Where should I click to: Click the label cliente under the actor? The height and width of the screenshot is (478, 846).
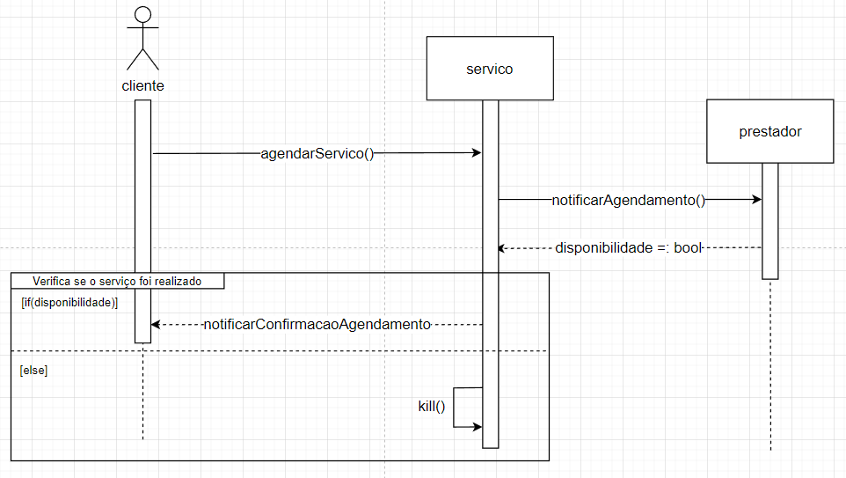pyautogui.click(x=142, y=85)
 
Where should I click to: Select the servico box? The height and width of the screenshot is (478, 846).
pyautogui.click(x=489, y=68)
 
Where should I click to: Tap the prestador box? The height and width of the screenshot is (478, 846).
pyautogui.click(x=769, y=131)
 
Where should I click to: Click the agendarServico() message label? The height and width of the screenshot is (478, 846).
pyautogui.click(x=317, y=153)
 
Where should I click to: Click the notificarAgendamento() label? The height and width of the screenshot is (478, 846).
pyautogui.click(x=628, y=200)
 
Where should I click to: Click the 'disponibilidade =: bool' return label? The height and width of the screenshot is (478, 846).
pyautogui.click(x=628, y=248)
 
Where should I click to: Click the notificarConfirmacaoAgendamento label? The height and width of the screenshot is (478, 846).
pyautogui.click(x=317, y=324)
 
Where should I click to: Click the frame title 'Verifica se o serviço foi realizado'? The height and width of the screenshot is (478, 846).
pyautogui.click(x=117, y=281)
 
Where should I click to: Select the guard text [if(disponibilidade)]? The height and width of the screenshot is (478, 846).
pyautogui.click(x=69, y=302)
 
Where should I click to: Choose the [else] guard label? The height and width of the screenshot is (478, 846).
pyautogui.click(x=33, y=371)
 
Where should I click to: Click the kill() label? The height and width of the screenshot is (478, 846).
pyautogui.click(x=432, y=407)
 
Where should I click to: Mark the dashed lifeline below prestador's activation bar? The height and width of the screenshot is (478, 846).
pyautogui.click(x=769, y=370)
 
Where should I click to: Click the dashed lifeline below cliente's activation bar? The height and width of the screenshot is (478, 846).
pyautogui.click(x=142, y=396)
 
